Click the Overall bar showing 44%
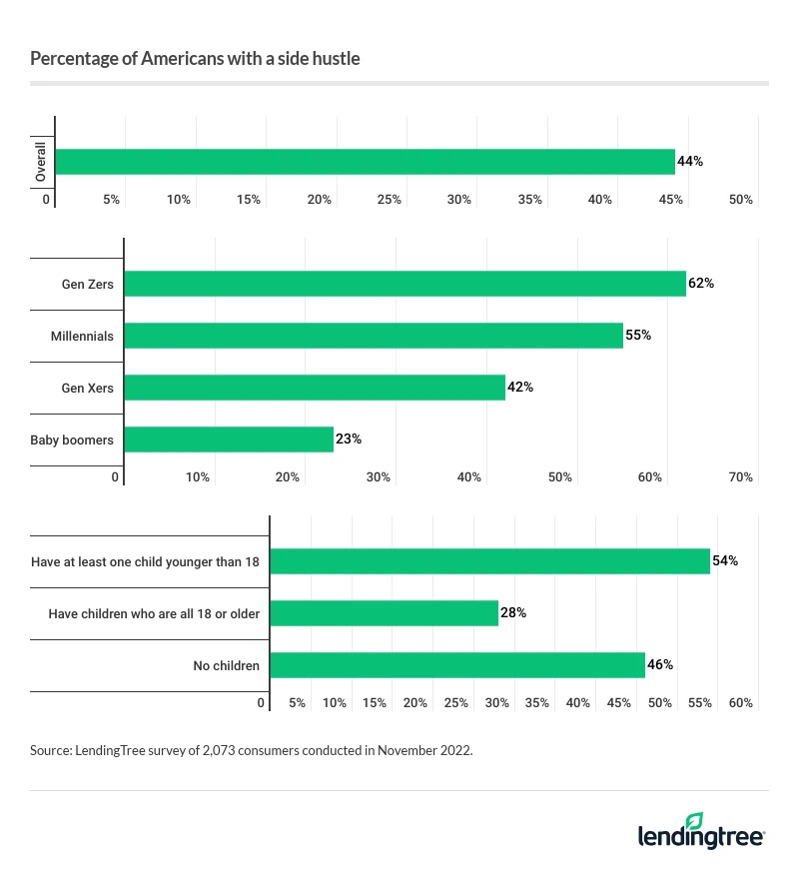(x=365, y=162)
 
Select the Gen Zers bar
(x=404, y=284)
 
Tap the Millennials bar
(x=373, y=336)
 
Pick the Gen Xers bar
(x=314, y=388)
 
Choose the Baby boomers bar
(x=228, y=439)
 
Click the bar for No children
(x=457, y=665)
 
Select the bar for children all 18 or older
(x=384, y=613)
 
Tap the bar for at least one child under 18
(x=489, y=561)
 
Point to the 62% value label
(x=701, y=284)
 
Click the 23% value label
(x=349, y=439)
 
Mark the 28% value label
(x=513, y=613)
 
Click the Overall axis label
(x=41, y=162)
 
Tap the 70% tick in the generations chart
(x=740, y=477)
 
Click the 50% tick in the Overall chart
(x=740, y=200)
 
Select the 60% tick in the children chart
(x=740, y=703)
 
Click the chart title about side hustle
(x=195, y=59)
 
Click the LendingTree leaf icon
(x=695, y=820)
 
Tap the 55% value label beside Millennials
(x=638, y=336)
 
